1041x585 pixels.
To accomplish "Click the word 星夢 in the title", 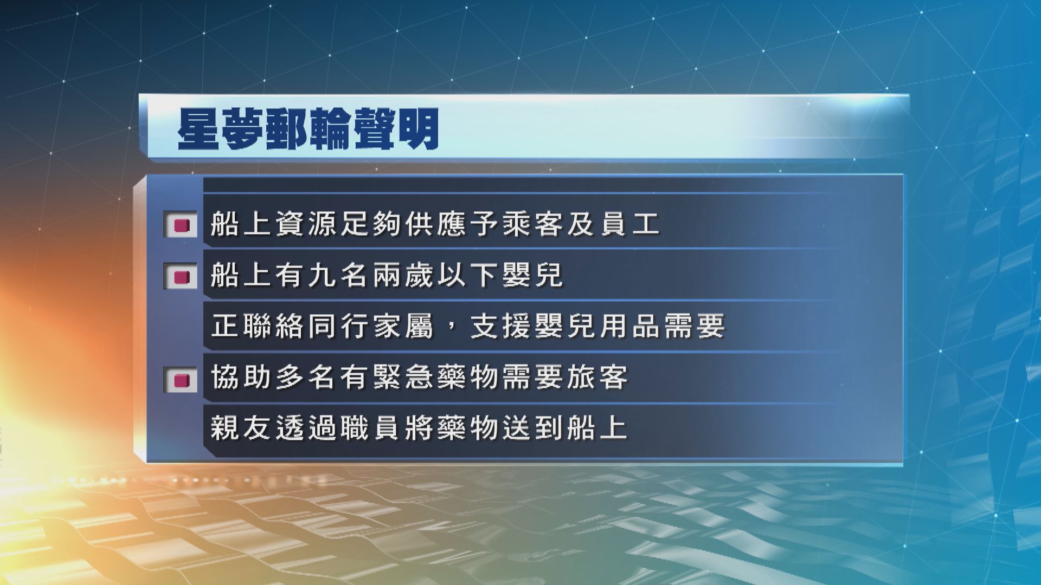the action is click(x=221, y=132).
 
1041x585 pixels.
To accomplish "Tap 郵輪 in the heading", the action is click(x=309, y=132).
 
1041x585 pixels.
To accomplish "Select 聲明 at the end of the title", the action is click(x=395, y=132).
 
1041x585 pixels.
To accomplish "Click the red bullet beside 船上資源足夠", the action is click(x=182, y=224).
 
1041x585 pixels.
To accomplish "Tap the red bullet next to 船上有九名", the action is click(x=182, y=276).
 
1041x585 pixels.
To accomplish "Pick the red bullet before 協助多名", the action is click(x=182, y=379).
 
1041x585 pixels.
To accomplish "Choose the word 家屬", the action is click(x=403, y=326).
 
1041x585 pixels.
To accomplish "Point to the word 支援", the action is click(x=500, y=326).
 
